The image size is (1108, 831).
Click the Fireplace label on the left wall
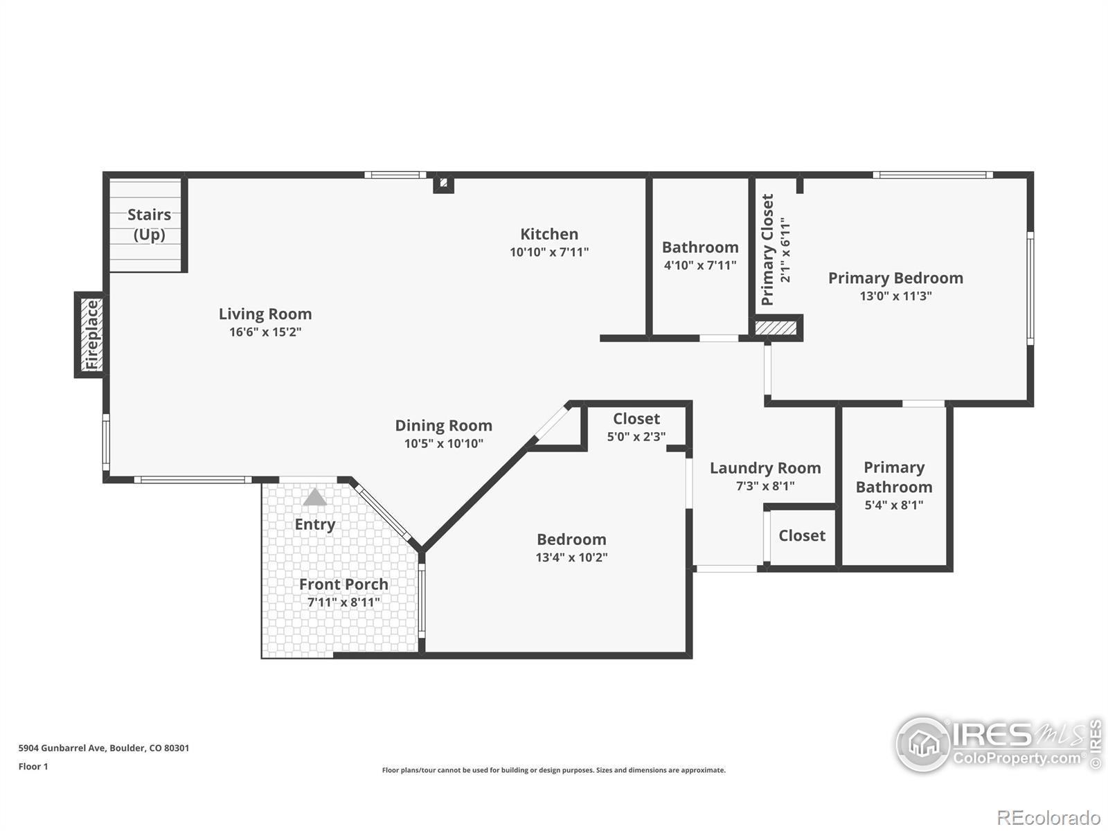92,334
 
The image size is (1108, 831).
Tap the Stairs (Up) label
149,224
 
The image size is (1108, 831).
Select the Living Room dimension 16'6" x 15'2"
265,332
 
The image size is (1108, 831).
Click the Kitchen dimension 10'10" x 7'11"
549,252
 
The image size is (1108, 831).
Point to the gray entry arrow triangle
314,497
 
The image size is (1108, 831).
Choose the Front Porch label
343,584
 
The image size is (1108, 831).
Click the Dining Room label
444,425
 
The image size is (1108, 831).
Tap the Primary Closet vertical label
767,250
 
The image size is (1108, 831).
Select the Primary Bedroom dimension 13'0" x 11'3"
896,296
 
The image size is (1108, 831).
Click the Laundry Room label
765,468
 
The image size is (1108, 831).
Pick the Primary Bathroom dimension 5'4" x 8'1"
894,505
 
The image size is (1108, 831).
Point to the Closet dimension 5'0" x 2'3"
636,436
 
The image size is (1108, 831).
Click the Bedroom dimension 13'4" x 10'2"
571,557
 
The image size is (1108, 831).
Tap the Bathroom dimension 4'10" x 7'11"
700,265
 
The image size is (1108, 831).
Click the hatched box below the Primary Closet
776,328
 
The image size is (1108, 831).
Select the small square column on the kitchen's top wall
443,183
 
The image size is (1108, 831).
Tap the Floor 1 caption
33,767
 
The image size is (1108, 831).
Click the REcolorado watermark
1048,817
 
